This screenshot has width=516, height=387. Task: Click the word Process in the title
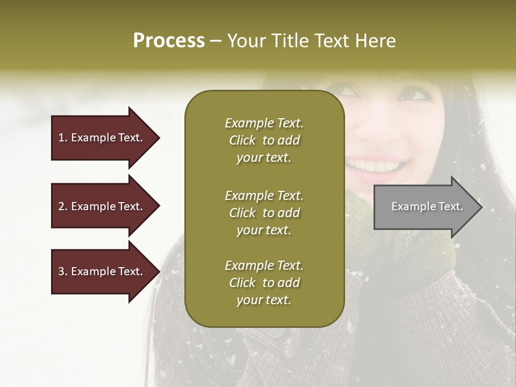[169, 41]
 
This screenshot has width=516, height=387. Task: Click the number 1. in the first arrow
[63, 138]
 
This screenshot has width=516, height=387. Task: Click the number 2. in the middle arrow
[63, 206]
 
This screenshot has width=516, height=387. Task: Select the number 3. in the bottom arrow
[63, 271]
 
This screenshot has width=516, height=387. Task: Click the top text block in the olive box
[264, 140]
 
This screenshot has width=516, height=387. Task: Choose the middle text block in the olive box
[264, 213]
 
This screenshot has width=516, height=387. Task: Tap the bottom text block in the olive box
[264, 283]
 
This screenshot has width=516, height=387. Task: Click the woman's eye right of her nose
[413, 95]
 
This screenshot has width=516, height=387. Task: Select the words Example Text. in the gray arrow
[427, 206]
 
